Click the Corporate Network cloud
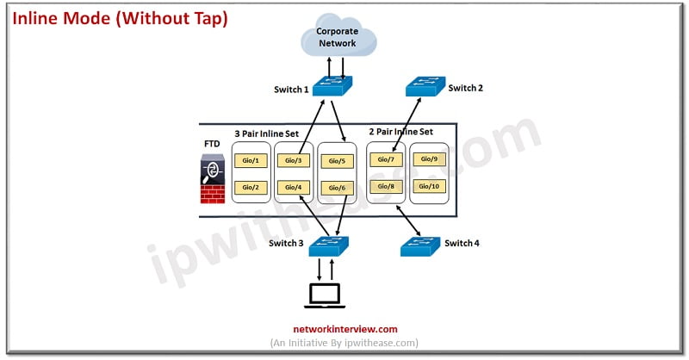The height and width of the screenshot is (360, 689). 338,35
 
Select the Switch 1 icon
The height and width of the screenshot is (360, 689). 332,86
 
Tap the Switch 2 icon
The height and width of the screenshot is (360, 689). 425,86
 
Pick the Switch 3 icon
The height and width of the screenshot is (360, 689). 329,246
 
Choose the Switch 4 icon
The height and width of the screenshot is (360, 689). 420,246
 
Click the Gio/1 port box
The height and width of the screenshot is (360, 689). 251,160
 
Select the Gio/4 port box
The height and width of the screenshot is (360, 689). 294,187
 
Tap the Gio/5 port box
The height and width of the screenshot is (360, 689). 337,161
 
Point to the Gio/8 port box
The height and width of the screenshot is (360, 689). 386,186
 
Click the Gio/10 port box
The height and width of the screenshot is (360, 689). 429,186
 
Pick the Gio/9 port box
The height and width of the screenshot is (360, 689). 429,159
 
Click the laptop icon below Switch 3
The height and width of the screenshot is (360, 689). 325,295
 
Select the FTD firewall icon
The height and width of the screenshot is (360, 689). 213,179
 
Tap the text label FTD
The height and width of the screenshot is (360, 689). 212,144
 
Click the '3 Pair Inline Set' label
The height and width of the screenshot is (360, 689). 266,133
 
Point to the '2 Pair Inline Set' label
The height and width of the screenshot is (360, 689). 400,132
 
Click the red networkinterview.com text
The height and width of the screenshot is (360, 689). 345,329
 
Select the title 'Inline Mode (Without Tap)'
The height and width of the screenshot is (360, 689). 120,18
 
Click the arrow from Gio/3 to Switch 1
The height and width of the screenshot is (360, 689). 312,127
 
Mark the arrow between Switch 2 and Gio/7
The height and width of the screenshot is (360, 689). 407,125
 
